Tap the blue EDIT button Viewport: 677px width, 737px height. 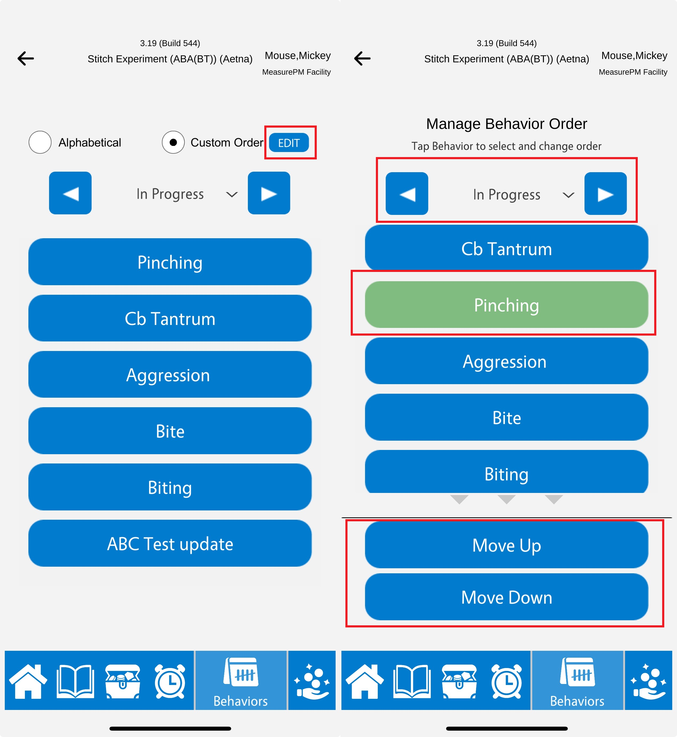[x=289, y=143]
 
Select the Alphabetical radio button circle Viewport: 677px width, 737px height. [x=40, y=142]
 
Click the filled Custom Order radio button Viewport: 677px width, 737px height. [x=173, y=142]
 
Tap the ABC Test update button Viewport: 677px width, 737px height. [x=170, y=543]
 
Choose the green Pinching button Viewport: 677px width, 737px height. [x=506, y=305]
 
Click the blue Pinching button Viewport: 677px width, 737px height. [x=170, y=262]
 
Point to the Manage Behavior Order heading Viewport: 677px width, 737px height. [x=506, y=124]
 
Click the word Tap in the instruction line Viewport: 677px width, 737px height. [x=420, y=146]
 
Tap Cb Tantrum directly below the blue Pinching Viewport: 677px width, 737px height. [x=170, y=318]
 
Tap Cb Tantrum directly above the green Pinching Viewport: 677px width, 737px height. [x=506, y=248]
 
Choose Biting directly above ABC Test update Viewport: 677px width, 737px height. [x=170, y=487]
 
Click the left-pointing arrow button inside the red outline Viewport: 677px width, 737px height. [x=407, y=194]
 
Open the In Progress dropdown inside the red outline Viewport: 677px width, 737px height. [x=524, y=195]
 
